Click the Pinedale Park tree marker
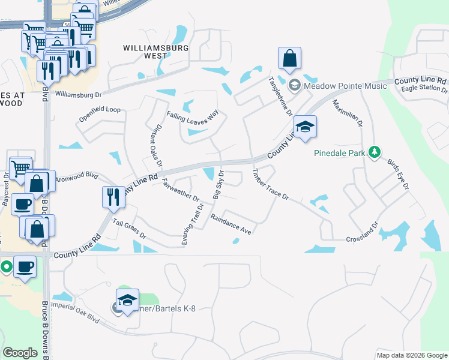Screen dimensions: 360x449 (x=375, y=152)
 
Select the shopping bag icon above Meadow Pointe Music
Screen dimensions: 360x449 (x=289, y=59)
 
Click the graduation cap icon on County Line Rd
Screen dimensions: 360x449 (x=305, y=127)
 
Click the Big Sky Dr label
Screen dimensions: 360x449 (x=218, y=185)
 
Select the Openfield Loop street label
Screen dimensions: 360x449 (x=100, y=115)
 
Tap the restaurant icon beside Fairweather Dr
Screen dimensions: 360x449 (x=112, y=196)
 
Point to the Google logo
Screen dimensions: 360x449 (x=20, y=353)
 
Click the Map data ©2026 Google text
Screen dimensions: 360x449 (x=411, y=355)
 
